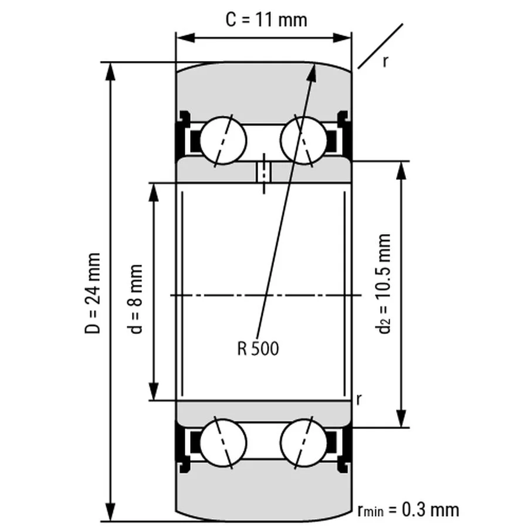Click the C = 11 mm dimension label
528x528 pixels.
(266, 19)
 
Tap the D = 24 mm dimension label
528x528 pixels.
(93, 293)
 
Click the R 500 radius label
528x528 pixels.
(258, 349)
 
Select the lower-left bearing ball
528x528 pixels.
(223, 441)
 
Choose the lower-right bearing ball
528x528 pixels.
(303, 441)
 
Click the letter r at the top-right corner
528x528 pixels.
(385, 60)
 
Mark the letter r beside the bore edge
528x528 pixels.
(358, 400)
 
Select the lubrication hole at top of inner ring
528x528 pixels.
(263, 172)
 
